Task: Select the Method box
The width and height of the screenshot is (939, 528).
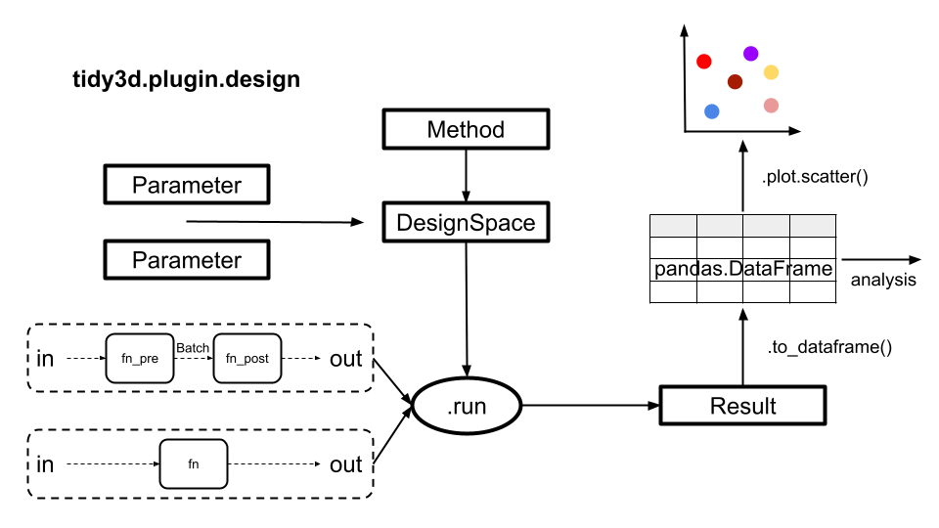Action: [x=466, y=130]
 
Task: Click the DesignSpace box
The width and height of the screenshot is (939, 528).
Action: [x=466, y=223]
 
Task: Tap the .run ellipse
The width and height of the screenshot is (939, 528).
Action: [x=466, y=406]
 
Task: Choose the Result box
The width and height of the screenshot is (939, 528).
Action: [x=743, y=406]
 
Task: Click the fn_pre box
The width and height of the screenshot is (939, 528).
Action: [x=139, y=359]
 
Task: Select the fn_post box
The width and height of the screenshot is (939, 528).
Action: [x=246, y=359]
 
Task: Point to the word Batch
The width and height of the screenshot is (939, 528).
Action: [x=193, y=347]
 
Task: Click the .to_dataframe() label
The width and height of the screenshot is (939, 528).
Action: [x=829, y=347]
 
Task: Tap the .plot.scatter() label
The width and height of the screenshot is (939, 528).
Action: [x=815, y=177]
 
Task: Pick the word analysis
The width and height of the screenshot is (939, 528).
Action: [x=883, y=281]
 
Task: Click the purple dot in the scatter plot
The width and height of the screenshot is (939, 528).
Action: [x=750, y=54]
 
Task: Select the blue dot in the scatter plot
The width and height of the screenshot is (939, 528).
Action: [x=712, y=111]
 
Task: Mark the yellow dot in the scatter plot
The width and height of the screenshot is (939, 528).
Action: [x=771, y=72]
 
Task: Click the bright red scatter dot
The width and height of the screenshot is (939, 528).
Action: [x=703, y=62]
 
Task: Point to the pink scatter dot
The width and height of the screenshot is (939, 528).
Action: [x=771, y=106]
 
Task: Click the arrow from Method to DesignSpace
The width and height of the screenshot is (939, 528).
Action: [x=466, y=176]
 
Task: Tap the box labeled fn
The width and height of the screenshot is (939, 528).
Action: [x=193, y=464]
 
